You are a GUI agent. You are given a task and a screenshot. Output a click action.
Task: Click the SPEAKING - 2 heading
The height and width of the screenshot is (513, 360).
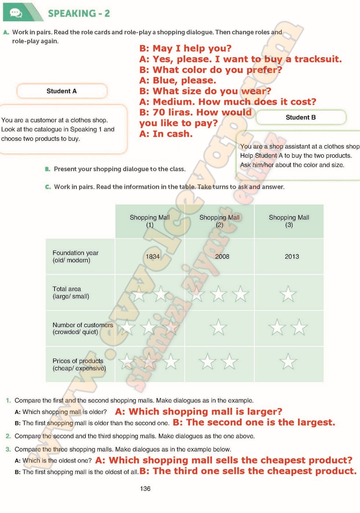pyautogui.click(x=79, y=14)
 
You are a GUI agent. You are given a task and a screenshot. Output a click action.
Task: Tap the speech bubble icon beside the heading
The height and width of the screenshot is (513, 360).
pyautogui.click(x=16, y=13)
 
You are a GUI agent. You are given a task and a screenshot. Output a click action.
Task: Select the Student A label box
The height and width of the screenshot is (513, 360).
pyautogui.click(x=62, y=91)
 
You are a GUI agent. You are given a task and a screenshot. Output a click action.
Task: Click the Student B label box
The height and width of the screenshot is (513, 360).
pyautogui.click(x=301, y=117)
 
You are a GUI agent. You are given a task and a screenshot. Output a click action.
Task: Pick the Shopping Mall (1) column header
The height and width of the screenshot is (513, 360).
pyautogui.click(x=150, y=221)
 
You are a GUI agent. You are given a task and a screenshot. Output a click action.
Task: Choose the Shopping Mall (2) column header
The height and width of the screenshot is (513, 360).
pyautogui.click(x=219, y=221)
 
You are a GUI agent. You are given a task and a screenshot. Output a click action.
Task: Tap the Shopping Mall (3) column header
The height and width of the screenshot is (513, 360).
pyautogui.click(x=289, y=221)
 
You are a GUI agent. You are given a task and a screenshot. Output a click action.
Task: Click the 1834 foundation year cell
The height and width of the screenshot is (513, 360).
pyautogui.click(x=153, y=256)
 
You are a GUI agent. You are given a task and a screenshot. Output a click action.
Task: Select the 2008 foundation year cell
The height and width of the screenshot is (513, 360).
pyautogui.click(x=222, y=256)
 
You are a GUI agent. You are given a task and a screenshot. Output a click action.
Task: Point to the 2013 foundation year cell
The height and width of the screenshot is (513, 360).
pyautogui.click(x=292, y=256)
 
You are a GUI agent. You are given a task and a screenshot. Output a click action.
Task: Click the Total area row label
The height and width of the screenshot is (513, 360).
pyautogui.click(x=71, y=292)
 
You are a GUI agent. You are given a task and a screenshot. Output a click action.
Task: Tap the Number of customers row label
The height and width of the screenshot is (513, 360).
pyautogui.click(x=82, y=328)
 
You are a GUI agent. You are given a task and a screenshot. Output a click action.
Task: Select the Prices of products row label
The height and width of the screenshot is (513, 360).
pyautogui.click(x=79, y=365)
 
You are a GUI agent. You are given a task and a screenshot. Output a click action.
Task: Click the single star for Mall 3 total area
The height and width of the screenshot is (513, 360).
pyautogui.click(x=288, y=294)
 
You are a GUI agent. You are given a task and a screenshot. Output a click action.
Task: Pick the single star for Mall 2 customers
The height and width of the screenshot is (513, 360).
pyautogui.click(x=218, y=327)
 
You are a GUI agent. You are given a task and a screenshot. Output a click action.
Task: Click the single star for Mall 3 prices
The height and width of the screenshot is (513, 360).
pyautogui.click(x=288, y=362)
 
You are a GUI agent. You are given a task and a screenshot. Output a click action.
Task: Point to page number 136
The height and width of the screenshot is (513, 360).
pyautogui.click(x=145, y=488)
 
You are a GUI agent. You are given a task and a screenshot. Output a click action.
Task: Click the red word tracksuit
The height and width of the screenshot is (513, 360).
pyautogui.click(x=318, y=59)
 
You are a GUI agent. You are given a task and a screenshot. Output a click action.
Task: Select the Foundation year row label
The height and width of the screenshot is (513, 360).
pyautogui.click(x=75, y=256)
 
